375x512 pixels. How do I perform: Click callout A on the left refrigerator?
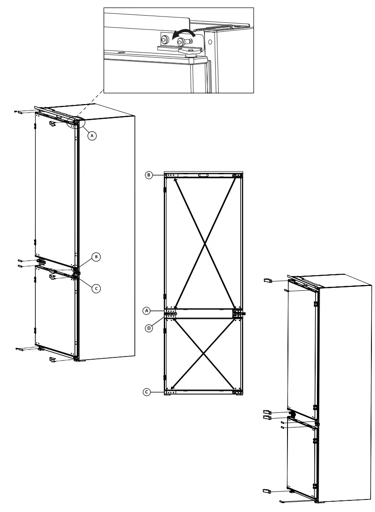[x=92, y=134]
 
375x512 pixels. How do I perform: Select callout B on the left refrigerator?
[x=96, y=256]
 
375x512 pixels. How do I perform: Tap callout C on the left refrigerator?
[x=95, y=289]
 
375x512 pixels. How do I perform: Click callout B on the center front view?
[x=150, y=175]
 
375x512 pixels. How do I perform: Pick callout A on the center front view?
[x=146, y=310]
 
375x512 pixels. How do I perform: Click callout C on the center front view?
[x=146, y=392]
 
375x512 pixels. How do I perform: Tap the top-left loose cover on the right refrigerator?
[x=268, y=281]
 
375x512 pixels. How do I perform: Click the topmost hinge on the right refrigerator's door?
[x=316, y=303]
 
